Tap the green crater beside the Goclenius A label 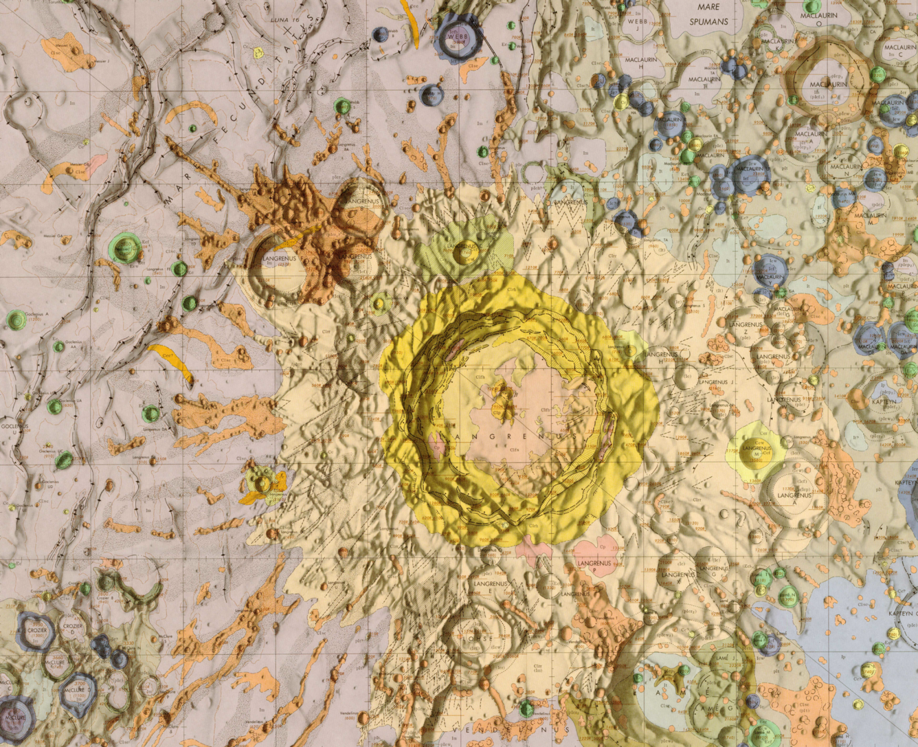(16, 320)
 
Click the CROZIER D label (73, 630)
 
